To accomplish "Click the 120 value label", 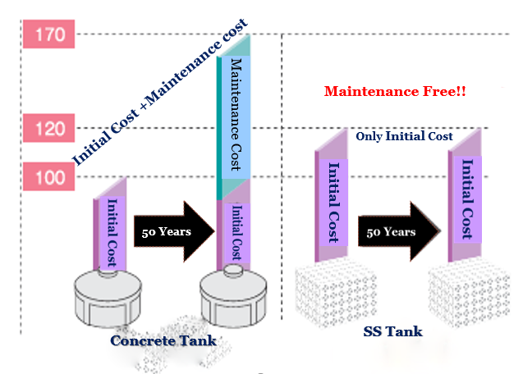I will point(50,128).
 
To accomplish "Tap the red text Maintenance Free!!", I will point(396,91).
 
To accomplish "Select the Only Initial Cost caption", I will point(404,137).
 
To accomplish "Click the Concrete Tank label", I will point(163,339).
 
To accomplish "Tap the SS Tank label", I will point(392,331).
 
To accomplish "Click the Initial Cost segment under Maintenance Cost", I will point(236,230).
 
